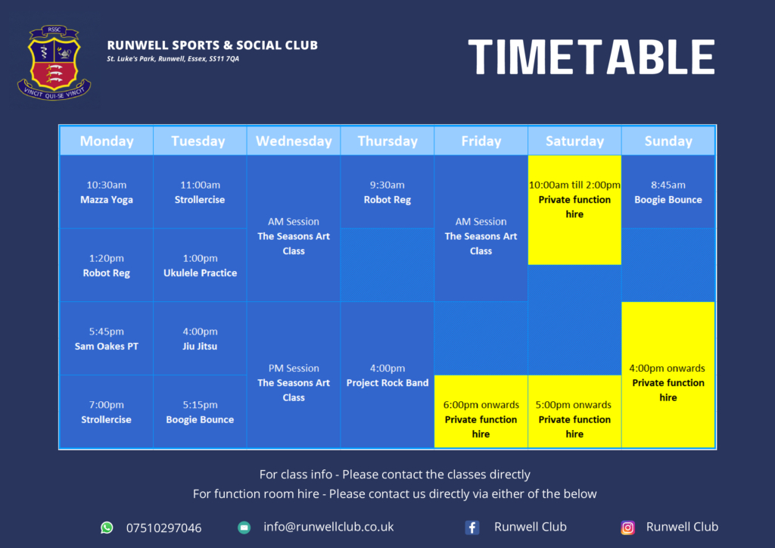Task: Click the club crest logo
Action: click(54, 63)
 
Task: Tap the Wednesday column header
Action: click(294, 141)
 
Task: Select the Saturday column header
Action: click(574, 141)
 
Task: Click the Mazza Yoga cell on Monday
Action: click(106, 191)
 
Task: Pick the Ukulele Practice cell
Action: click(200, 265)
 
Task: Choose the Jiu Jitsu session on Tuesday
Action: click(200, 338)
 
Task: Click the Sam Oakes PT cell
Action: click(106, 338)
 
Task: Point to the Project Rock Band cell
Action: click(387, 375)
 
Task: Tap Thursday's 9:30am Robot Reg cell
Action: click(387, 191)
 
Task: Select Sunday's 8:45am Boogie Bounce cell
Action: click(668, 191)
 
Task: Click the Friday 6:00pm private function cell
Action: click(481, 412)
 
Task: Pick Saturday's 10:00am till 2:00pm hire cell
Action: click(574, 210)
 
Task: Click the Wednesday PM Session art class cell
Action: click(294, 375)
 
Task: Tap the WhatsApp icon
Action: click(107, 528)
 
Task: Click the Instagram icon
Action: click(627, 528)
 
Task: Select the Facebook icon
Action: click(472, 528)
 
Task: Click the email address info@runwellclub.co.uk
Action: click(328, 527)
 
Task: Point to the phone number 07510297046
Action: click(163, 528)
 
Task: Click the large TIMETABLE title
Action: click(591, 57)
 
